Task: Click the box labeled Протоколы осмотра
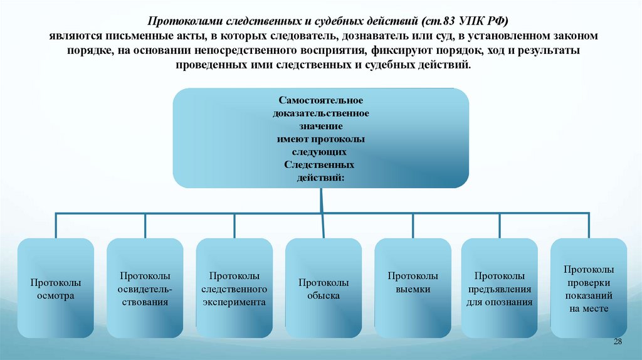56,289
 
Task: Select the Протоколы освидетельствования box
145,289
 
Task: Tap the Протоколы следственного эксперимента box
234,289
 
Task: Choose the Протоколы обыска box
324,289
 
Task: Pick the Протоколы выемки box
413,289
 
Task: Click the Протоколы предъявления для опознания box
500,289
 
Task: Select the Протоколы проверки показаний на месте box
589,289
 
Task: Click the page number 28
617,341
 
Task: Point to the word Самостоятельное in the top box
320,100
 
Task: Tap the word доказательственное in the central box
320,114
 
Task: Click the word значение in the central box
320,126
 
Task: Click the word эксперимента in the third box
234,302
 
